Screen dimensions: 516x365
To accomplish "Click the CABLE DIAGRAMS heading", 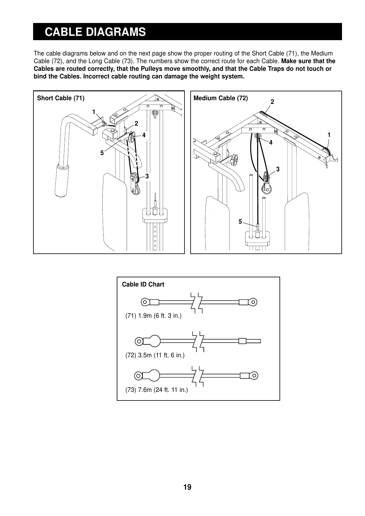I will pos(95,32).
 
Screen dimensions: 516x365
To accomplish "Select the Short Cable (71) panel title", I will pos(61,98).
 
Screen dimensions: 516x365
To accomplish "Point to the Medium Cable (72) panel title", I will pos(221,98).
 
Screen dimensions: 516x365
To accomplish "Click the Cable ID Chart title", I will pos(143,284).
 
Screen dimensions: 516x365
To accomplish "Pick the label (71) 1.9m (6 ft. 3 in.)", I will pos(153,316).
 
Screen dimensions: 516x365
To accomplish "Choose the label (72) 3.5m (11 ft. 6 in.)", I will pos(155,355).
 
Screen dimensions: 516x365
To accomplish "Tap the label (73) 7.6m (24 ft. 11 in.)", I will pos(156,390).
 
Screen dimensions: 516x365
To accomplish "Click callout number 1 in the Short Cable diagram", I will pos(94,112).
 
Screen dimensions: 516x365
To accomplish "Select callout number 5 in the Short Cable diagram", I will pos(102,153).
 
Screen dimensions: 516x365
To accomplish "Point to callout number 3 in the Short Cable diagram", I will pos(147,176).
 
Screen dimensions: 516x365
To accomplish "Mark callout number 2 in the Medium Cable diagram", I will pos(272,101).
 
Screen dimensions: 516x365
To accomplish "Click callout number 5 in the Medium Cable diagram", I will pos(240,222).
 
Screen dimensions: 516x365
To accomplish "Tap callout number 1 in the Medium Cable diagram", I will pos(329,135).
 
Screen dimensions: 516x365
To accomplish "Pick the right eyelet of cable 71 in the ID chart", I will pos(253,302).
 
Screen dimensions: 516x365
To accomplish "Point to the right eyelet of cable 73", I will pos(254,375).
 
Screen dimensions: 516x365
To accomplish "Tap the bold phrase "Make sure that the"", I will pos(308,61).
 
